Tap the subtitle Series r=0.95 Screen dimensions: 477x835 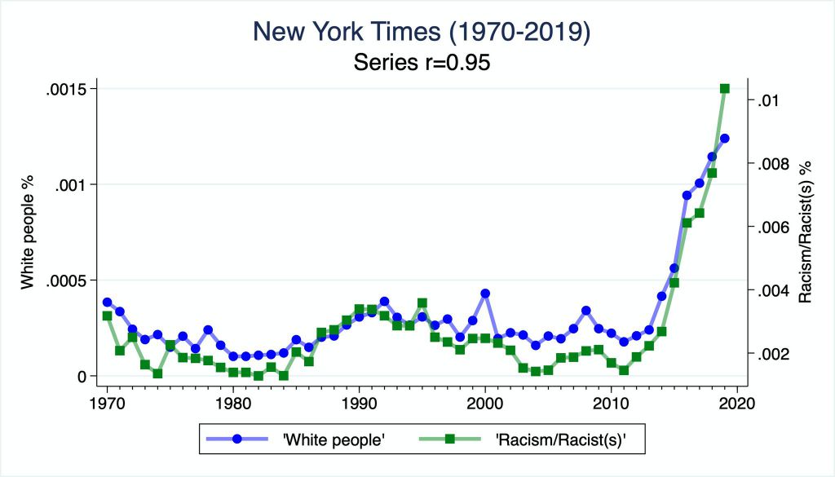click(x=421, y=63)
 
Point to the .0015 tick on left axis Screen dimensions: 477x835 click(x=69, y=88)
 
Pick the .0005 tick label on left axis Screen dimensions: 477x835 click(x=69, y=280)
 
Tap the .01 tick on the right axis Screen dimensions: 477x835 click(x=773, y=100)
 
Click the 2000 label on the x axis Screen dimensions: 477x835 click(x=485, y=404)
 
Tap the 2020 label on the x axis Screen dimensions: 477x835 click(x=737, y=404)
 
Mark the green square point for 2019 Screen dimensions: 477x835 click(x=724, y=89)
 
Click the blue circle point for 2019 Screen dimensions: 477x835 click(x=724, y=139)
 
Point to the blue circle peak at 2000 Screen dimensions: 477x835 click(x=485, y=293)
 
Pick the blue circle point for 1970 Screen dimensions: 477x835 click(x=107, y=303)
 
